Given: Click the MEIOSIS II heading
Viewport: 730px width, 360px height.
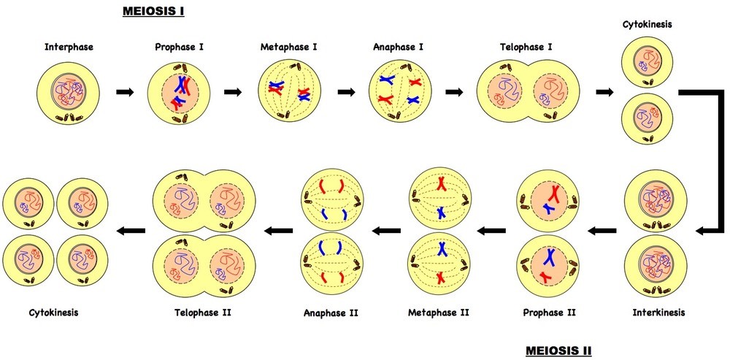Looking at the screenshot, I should [558, 350].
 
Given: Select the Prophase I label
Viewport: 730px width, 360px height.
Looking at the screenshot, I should [179, 47].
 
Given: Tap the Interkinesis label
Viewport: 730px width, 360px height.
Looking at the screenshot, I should [658, 313].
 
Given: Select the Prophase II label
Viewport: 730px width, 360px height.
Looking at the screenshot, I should [550, 313].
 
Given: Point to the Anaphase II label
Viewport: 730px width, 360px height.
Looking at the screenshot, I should [331, 313].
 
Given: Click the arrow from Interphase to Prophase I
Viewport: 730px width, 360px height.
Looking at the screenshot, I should [126, 93].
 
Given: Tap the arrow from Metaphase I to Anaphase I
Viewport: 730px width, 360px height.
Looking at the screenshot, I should [347, 93].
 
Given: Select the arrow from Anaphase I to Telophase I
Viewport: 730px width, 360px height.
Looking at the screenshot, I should [454, 93].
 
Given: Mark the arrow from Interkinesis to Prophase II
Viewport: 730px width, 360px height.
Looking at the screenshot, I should [602, 231].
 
